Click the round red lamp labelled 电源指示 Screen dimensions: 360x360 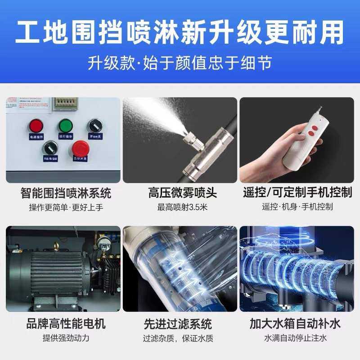(35, 126)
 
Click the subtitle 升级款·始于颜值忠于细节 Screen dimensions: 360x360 (180, 63)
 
